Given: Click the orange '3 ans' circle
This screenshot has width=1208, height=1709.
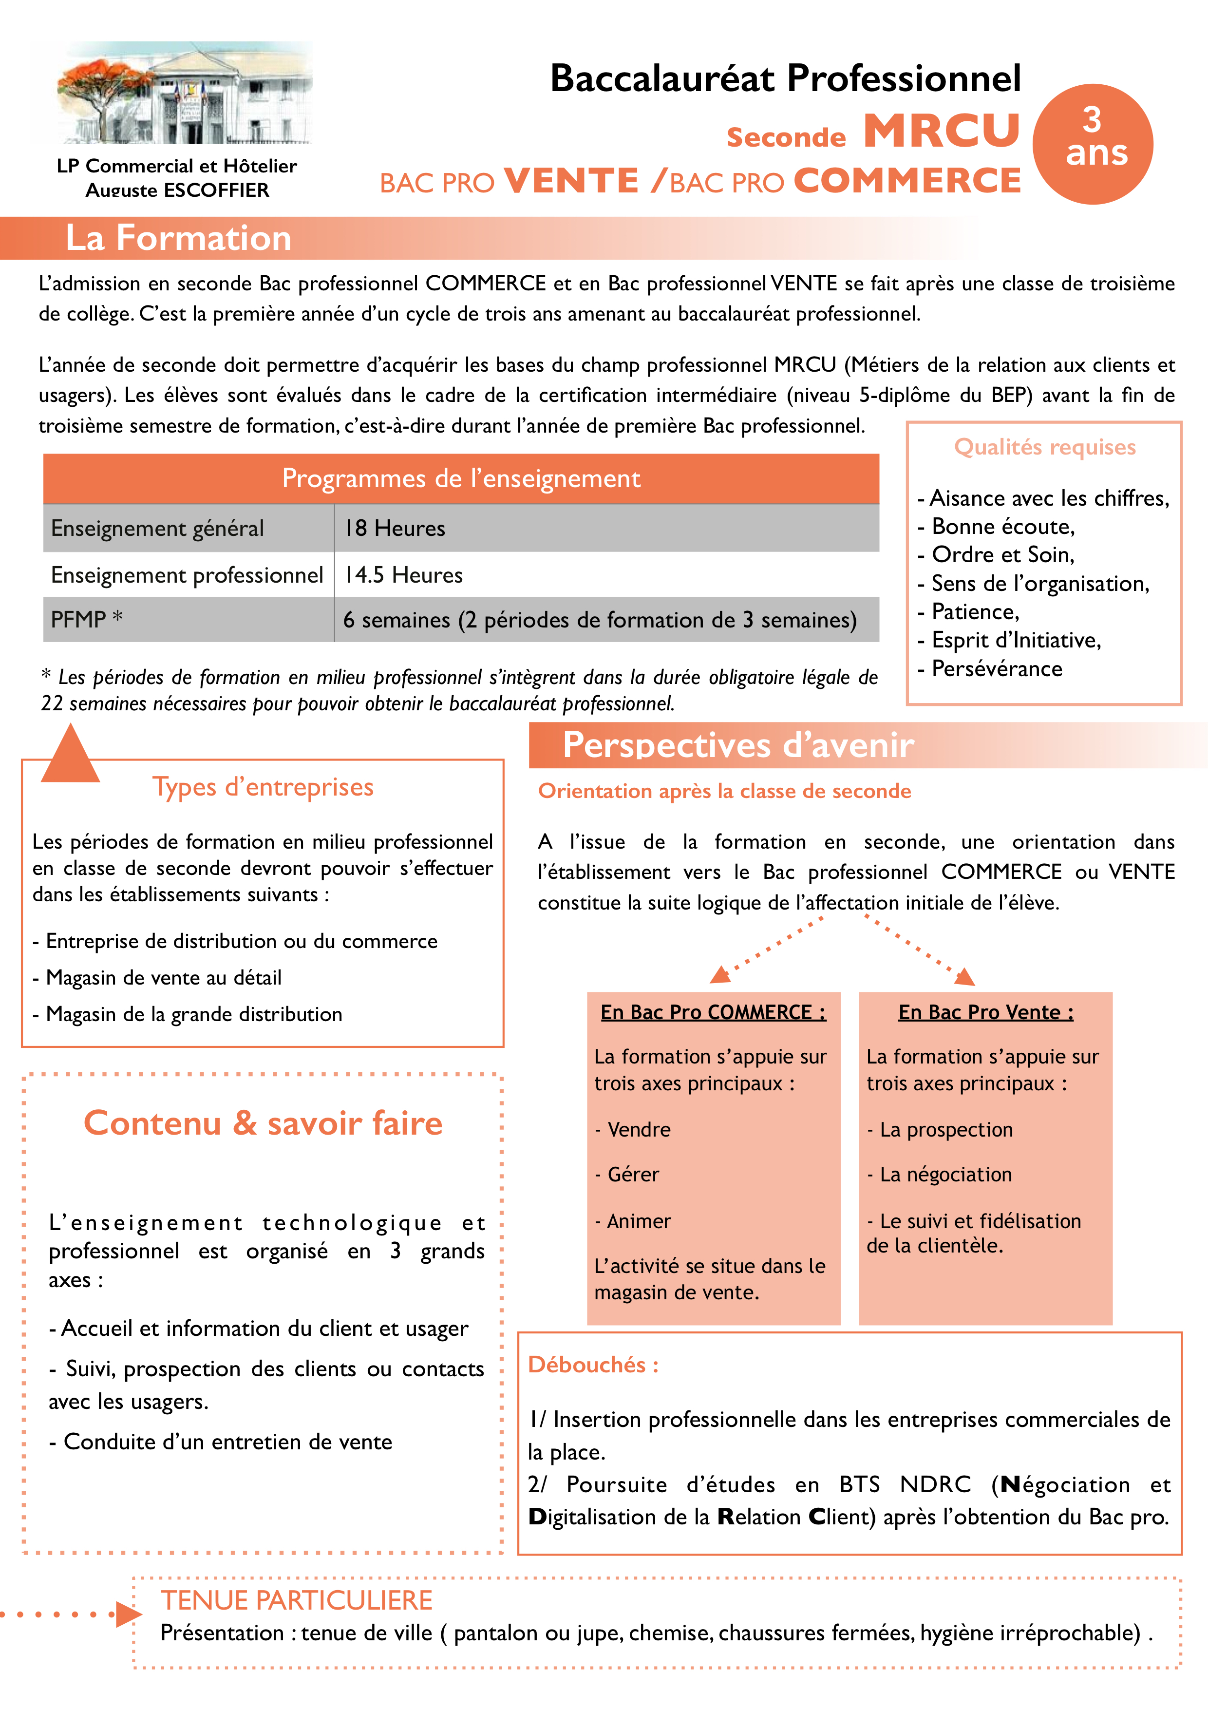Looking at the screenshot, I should click(1092, 144).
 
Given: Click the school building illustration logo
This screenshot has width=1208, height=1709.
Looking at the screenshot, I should click(185, 93).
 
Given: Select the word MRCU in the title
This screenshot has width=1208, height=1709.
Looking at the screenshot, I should click(942, 132).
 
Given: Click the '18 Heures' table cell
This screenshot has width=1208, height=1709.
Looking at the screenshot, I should click(395, 529).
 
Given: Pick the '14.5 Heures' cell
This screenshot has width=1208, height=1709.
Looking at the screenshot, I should click(403, 575).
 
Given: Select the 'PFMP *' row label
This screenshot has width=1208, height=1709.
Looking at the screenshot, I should click(86, 619).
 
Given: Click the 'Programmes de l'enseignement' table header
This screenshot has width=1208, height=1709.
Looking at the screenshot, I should click(461, 478).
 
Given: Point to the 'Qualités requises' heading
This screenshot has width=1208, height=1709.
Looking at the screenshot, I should click(1044, 447).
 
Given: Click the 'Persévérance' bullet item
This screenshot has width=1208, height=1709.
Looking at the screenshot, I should click(996, 669).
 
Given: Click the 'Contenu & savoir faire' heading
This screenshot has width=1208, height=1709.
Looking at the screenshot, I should click(263, 1123).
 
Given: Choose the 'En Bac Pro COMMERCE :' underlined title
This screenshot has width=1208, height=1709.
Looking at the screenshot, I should click(713, 1012).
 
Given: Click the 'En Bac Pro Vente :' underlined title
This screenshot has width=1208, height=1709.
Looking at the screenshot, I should click(985, 1012).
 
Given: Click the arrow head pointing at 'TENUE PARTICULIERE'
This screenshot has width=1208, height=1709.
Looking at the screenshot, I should click(128, 1614).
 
